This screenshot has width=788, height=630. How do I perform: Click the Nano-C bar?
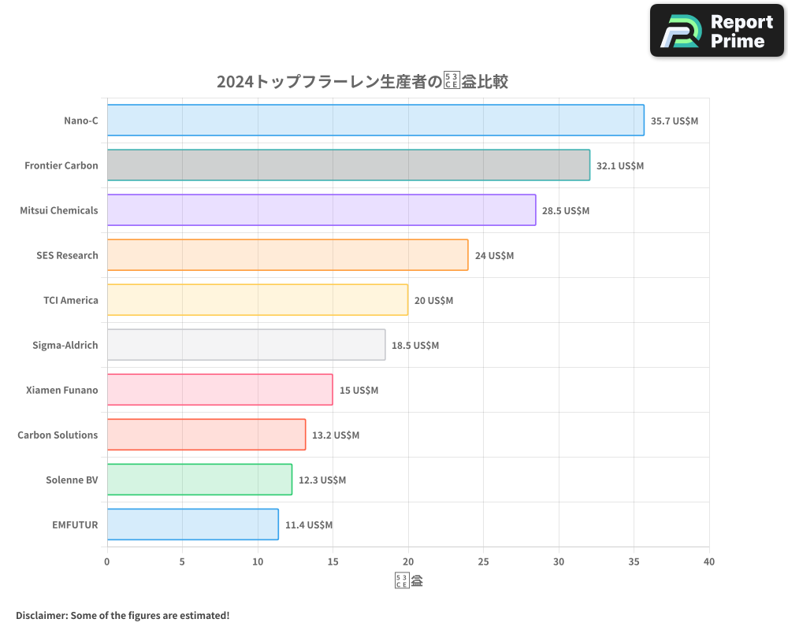(375, 120)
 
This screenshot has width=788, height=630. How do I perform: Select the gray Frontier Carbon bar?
(348, 165)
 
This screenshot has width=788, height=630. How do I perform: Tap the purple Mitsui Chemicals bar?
(321, 210)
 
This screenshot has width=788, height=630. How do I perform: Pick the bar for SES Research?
(287, 255)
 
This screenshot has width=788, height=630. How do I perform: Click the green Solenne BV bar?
(199, 480)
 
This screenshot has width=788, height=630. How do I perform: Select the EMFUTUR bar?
(192, 524)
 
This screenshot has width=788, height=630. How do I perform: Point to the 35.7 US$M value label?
(674, 121)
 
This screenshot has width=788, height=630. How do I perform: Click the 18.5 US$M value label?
(415, 346)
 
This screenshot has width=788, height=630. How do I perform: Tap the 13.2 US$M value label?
(336, 435)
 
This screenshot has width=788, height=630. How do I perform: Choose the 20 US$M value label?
(433, 301)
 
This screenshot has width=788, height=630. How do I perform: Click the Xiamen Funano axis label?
(62, 390)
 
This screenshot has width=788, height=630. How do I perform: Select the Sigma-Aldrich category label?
(65, 345)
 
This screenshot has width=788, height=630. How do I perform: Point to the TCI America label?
(71, 300)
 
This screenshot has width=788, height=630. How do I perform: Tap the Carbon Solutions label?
(58, 435)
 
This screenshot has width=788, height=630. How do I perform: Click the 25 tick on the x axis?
(483, 562)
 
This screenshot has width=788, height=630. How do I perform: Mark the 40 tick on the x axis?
(709, 562)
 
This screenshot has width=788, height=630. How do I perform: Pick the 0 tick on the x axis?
(107, 562)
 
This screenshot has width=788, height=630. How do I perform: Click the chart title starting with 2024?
(362, 81)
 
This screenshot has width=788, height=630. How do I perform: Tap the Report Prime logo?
(717, 31)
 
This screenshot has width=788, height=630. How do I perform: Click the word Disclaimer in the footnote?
(40, 615)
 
